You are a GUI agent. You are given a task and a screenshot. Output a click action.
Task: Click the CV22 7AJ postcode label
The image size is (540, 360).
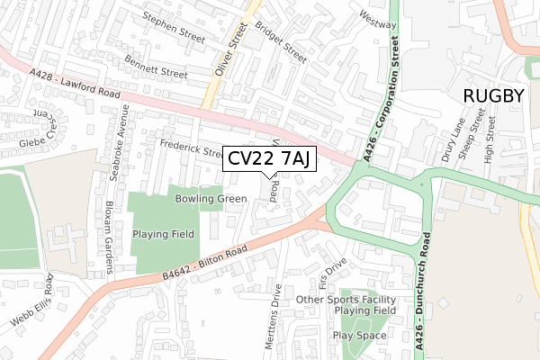(268, 159)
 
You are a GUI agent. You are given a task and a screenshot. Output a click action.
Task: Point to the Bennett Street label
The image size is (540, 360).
(156, 65)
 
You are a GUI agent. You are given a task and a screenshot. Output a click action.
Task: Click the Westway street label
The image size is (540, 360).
(378, 18)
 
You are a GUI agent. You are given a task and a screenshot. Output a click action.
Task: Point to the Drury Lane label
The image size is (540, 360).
(453, 139)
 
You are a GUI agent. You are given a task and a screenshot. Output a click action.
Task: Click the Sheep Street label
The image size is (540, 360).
(472, 138)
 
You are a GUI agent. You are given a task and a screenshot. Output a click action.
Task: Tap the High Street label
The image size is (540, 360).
(490, 139)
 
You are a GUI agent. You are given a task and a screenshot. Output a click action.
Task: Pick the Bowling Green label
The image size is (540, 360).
(211, 198)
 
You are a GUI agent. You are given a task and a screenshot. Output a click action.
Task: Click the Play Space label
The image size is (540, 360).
(359, 335)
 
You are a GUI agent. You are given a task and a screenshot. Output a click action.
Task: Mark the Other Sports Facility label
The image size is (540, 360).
(346, 299)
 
